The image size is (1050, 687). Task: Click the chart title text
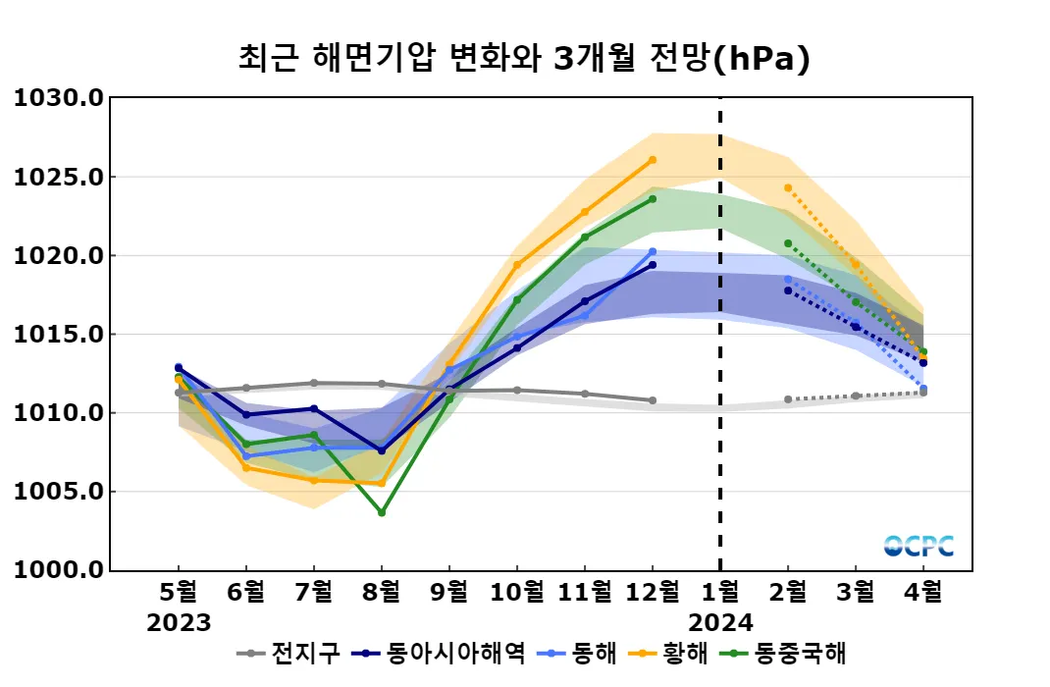pyautogui.click(x=524, y=58)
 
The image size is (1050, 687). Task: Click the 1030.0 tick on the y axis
pyautogui.click(x=58, y=98)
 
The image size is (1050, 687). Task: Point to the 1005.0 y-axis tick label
pyautogui.click(x=58, y=492)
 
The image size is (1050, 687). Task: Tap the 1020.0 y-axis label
pyautogui.click(x=58, y=256)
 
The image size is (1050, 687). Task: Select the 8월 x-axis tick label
pyautogui.click(x=382, y=592)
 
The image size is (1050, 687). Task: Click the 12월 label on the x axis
pyautogui.click(x=653, y=592)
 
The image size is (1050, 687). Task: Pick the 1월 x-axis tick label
pyautogui.click(x=721, y=592)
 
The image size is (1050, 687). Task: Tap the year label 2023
pyautogui.click(x=179, y=623)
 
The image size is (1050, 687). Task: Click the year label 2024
pyautogui.click(x=721, y=623)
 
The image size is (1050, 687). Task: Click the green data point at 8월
pyautogui.click(x=382, y=512)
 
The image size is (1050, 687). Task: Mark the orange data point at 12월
pyautogui.click(x=653, y=160)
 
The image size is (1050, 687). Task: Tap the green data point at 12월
pyautogui.click(x=653, y=199)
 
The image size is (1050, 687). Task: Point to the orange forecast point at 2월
pyautogui.click(x=788, y=187)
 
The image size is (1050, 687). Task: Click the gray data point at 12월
pyautogui.click(x=653, y=400)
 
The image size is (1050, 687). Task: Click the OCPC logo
pyautogui.click(x=919, y=546)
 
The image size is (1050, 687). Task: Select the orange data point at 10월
pyautogui.click(x=517, y=265)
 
